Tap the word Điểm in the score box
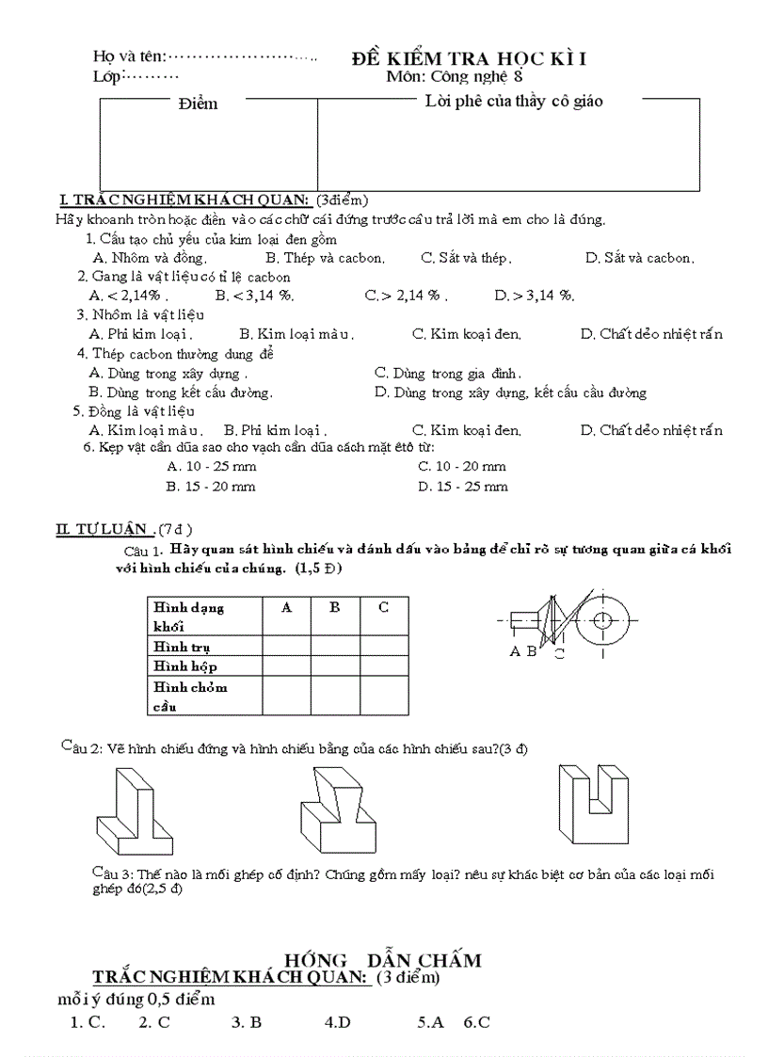pos(198,104)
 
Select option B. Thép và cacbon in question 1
pos(312,257)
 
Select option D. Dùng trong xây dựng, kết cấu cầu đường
pos(510,392)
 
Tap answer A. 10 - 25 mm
pos(211,466)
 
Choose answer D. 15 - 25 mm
pos(463,487)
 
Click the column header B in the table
pos(334,608)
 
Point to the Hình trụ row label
pos(182,647)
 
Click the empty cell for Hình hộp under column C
pos(384,666)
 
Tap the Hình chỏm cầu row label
pos(190,696)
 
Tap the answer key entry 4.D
pos(337,1022)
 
